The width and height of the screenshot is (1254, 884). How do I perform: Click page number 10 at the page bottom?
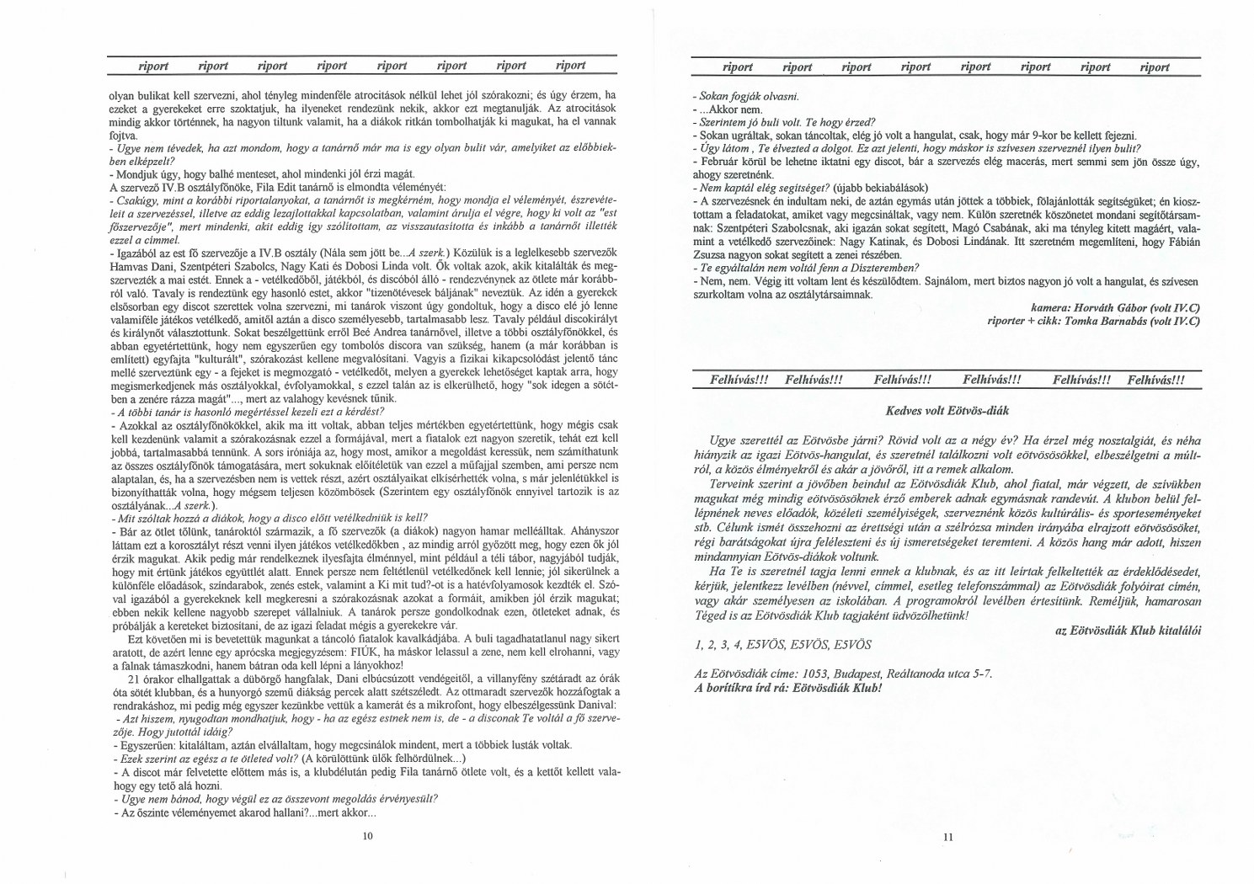366,836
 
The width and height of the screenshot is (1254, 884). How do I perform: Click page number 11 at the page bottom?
947,837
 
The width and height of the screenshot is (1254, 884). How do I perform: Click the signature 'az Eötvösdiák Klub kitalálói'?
1129,630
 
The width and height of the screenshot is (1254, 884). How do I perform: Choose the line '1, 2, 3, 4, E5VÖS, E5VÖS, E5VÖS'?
783,645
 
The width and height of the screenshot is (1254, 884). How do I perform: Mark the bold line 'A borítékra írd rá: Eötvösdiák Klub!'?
788,687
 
